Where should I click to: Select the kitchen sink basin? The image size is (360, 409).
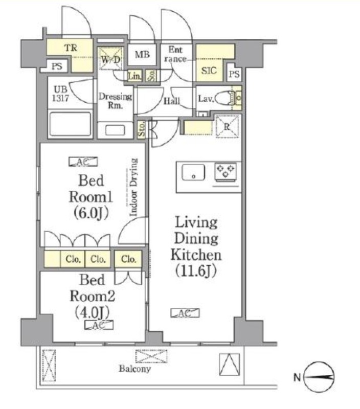click(193, 172)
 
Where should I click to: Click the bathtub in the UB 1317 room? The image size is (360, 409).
click(71, 124)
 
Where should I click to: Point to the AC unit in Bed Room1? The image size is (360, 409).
click(83, 162)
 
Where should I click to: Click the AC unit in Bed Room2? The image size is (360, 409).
click(99, 325)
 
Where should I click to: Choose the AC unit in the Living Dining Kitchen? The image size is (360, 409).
click(185, 313)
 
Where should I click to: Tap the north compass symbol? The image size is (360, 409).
click(319, 377)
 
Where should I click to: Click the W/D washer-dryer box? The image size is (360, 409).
click(110, 59)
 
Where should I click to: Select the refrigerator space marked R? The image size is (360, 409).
click(227, 127)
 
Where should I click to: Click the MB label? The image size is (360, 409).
click(142, 55)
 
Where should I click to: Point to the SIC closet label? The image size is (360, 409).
click(209, 71)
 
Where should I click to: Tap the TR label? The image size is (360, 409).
click(71, 48)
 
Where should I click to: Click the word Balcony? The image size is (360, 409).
click(135, 369)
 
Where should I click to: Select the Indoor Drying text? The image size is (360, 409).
click(133, 187)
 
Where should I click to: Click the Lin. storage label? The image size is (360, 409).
click(134, 76)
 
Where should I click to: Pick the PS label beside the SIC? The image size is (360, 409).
click(234, 74)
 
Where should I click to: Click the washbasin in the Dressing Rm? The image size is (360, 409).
click(115, 130)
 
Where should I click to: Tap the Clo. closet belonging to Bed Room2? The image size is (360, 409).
click(128, 259)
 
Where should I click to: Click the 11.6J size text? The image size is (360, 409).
click(196, 271)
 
